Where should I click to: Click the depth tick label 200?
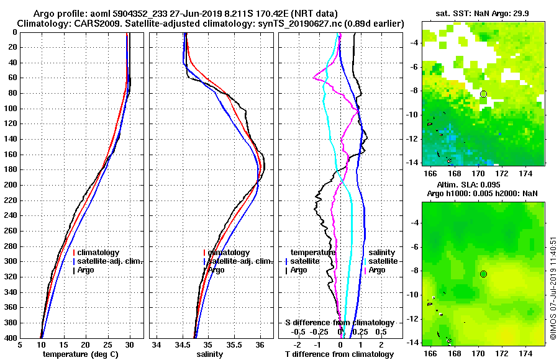coord(11,185)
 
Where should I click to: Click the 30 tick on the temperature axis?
coord(129,345)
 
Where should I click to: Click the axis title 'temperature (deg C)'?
coord(78,354)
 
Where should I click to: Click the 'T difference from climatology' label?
coord(339,354)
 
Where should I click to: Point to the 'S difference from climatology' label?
coord(339,323)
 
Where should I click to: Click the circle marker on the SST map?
coord(483,94)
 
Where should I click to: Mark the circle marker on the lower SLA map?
coord(483,274)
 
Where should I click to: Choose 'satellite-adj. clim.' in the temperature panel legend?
coord(109,261)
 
